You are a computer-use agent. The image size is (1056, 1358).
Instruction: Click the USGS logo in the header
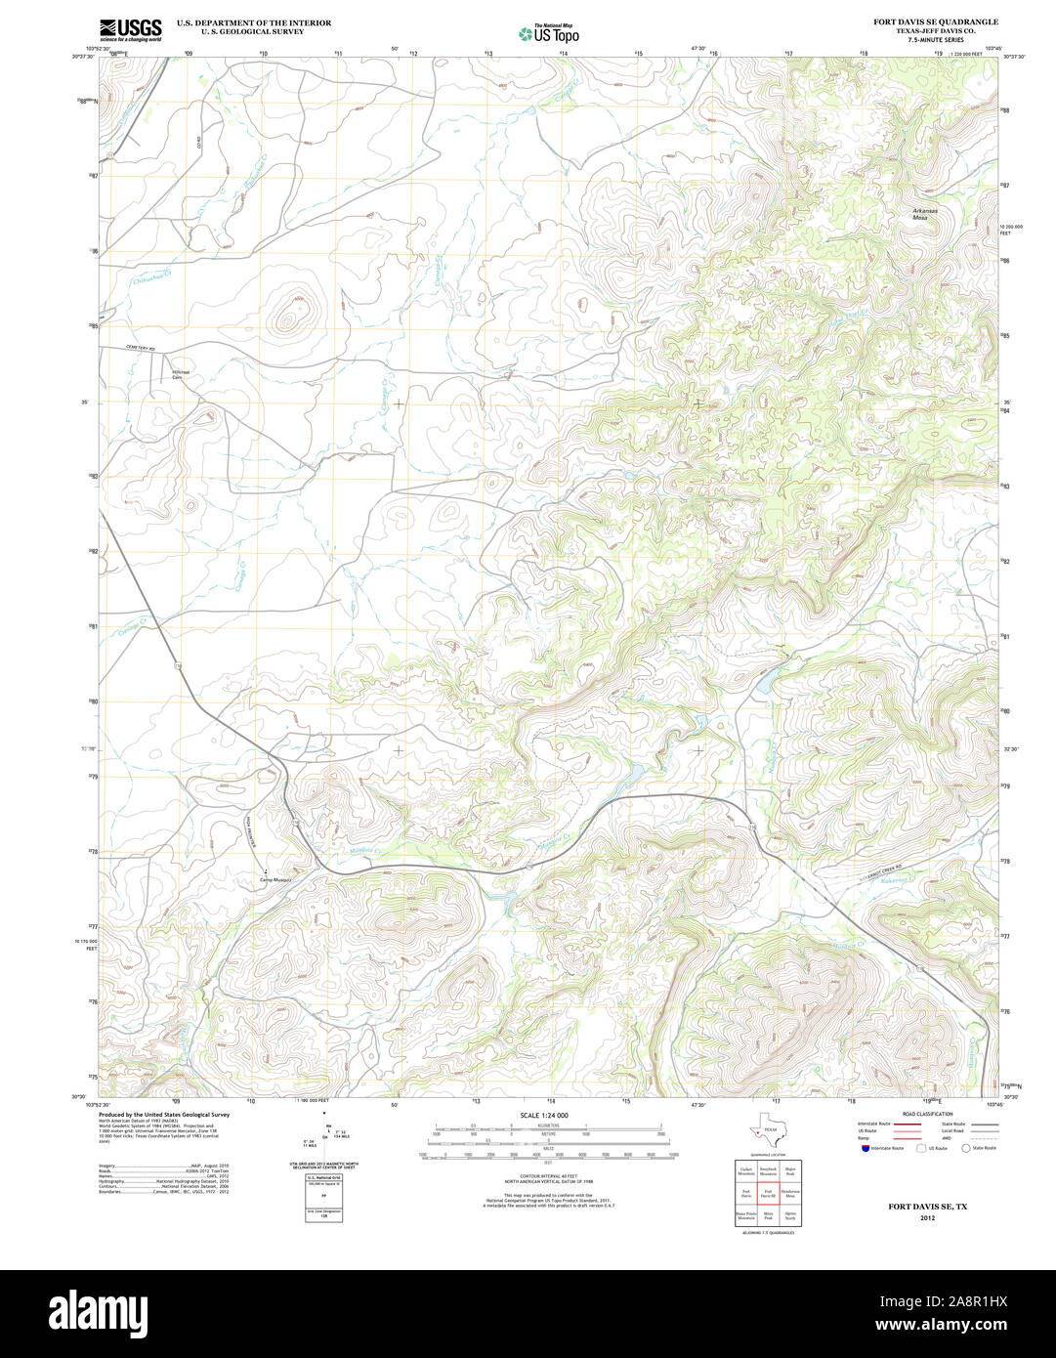[130, 28]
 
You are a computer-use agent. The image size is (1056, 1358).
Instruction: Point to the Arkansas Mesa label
[924, 214]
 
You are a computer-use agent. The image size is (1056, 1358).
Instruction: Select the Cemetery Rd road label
[140, 349]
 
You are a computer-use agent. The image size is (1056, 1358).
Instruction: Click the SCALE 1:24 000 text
[544, 1115]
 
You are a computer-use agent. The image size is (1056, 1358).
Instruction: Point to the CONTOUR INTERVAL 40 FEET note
[544, 1175]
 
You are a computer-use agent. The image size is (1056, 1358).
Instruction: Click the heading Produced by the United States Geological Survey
[164, 1114]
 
